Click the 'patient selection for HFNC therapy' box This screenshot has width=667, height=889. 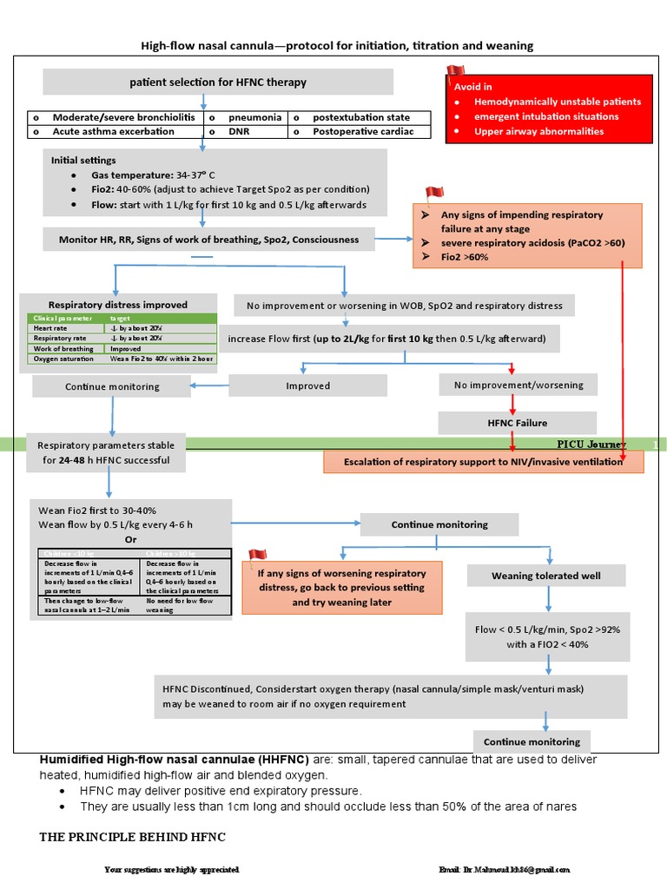click(218, 82)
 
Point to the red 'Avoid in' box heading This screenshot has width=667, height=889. click(473, 87)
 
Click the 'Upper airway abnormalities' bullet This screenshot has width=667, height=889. click(538, 132)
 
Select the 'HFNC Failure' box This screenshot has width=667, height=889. click(517, 423)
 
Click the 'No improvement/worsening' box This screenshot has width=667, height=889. click(517, 385)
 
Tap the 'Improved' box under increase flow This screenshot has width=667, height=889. click(308, 385)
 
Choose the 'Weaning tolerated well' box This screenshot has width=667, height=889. click(545, 576)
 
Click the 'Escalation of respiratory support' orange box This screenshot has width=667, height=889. click(484, 462)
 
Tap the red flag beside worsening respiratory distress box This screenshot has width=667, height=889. click(257, 555)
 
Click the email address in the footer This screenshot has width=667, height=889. click(504, 869)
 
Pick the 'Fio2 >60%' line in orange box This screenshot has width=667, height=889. click(465, 258)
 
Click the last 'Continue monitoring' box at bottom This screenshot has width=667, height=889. click(532, 742)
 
